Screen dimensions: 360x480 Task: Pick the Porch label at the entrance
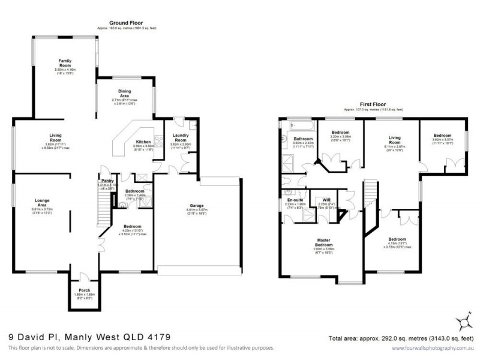click(x=83, y=290)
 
